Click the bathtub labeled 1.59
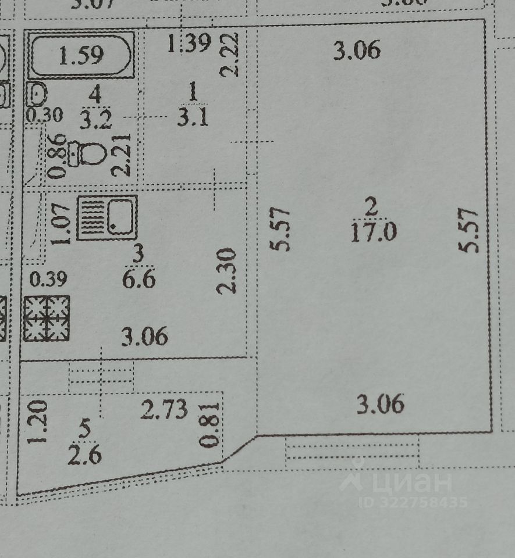coord(81,55)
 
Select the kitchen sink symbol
coord(107,217)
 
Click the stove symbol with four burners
coord(47,317)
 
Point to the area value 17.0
coord(374,233)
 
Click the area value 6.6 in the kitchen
coord(138,280)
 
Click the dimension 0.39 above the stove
coord(48,280)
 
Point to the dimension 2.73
coord(165,410)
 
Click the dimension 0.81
coord(211,425)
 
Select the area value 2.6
coord(85,455)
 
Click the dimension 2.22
coord(230,55)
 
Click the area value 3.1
coord(193,119)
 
